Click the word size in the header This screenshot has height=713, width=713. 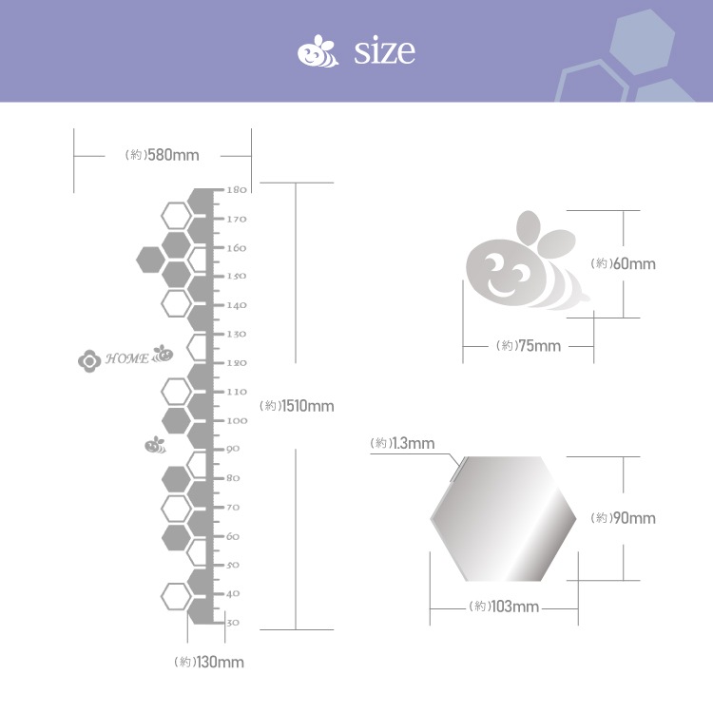tap(384, 50)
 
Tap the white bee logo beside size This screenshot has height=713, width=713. tap(318, 51)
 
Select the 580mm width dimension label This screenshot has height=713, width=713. tap(163, 155)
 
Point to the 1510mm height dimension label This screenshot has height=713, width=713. tap(297, 406)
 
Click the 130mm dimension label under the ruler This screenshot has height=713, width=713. tap(209, 662)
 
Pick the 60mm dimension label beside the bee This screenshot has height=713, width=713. tap(623, 263)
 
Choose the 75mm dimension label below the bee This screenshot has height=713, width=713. tap(529, 346)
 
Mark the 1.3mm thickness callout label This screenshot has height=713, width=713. tap(402, 443)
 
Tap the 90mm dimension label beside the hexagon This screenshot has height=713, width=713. tap(623, 518)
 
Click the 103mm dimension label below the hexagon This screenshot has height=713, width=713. tap(504, 607)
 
